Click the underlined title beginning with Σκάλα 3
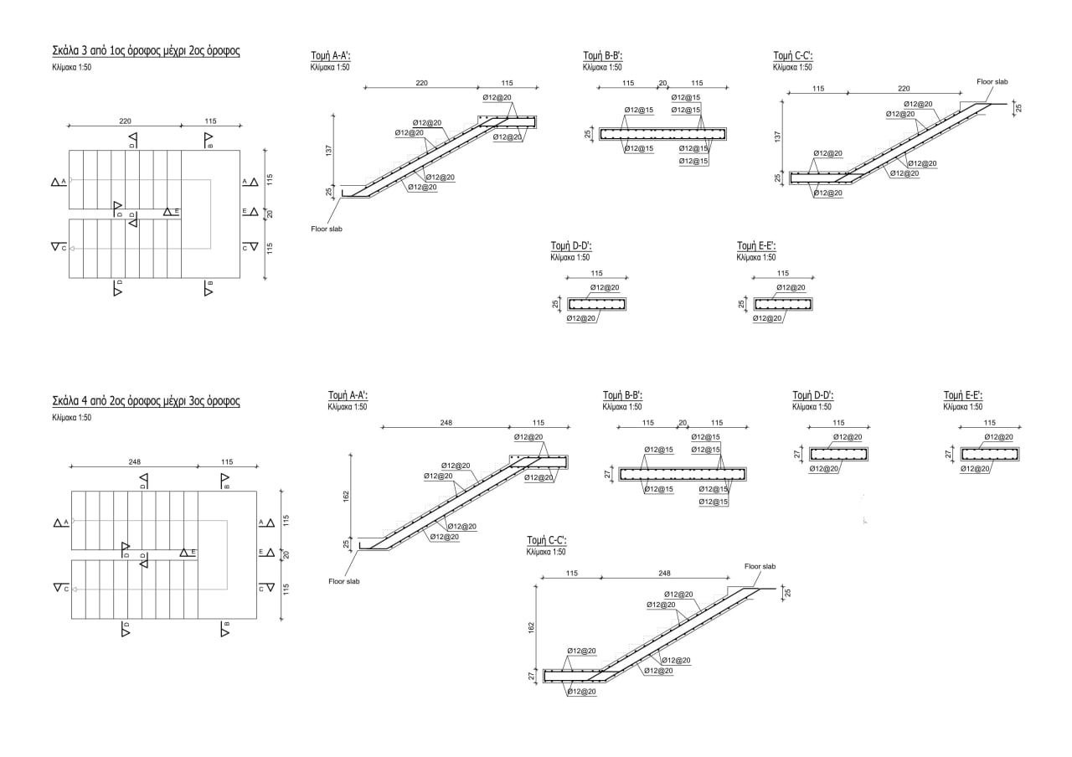coord(146,51)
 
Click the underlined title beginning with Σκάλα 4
coord(146,401)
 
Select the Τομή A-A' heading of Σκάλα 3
coord(330,56)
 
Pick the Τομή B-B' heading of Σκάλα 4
coord(622,395)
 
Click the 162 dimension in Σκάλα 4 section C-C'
coord(532,626)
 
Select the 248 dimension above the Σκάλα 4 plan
coord(134,461)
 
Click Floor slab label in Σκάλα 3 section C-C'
coord(992,82)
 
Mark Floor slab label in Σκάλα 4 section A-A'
coord(343,581)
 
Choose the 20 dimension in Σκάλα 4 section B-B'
coord(683,423)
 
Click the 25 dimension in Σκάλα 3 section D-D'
coord(555,304)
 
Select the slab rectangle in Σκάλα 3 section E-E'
coord(783,303)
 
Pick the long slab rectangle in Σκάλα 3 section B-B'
coord(663,134)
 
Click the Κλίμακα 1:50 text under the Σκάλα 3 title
coord(71,68)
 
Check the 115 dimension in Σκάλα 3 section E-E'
coord(783,273)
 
